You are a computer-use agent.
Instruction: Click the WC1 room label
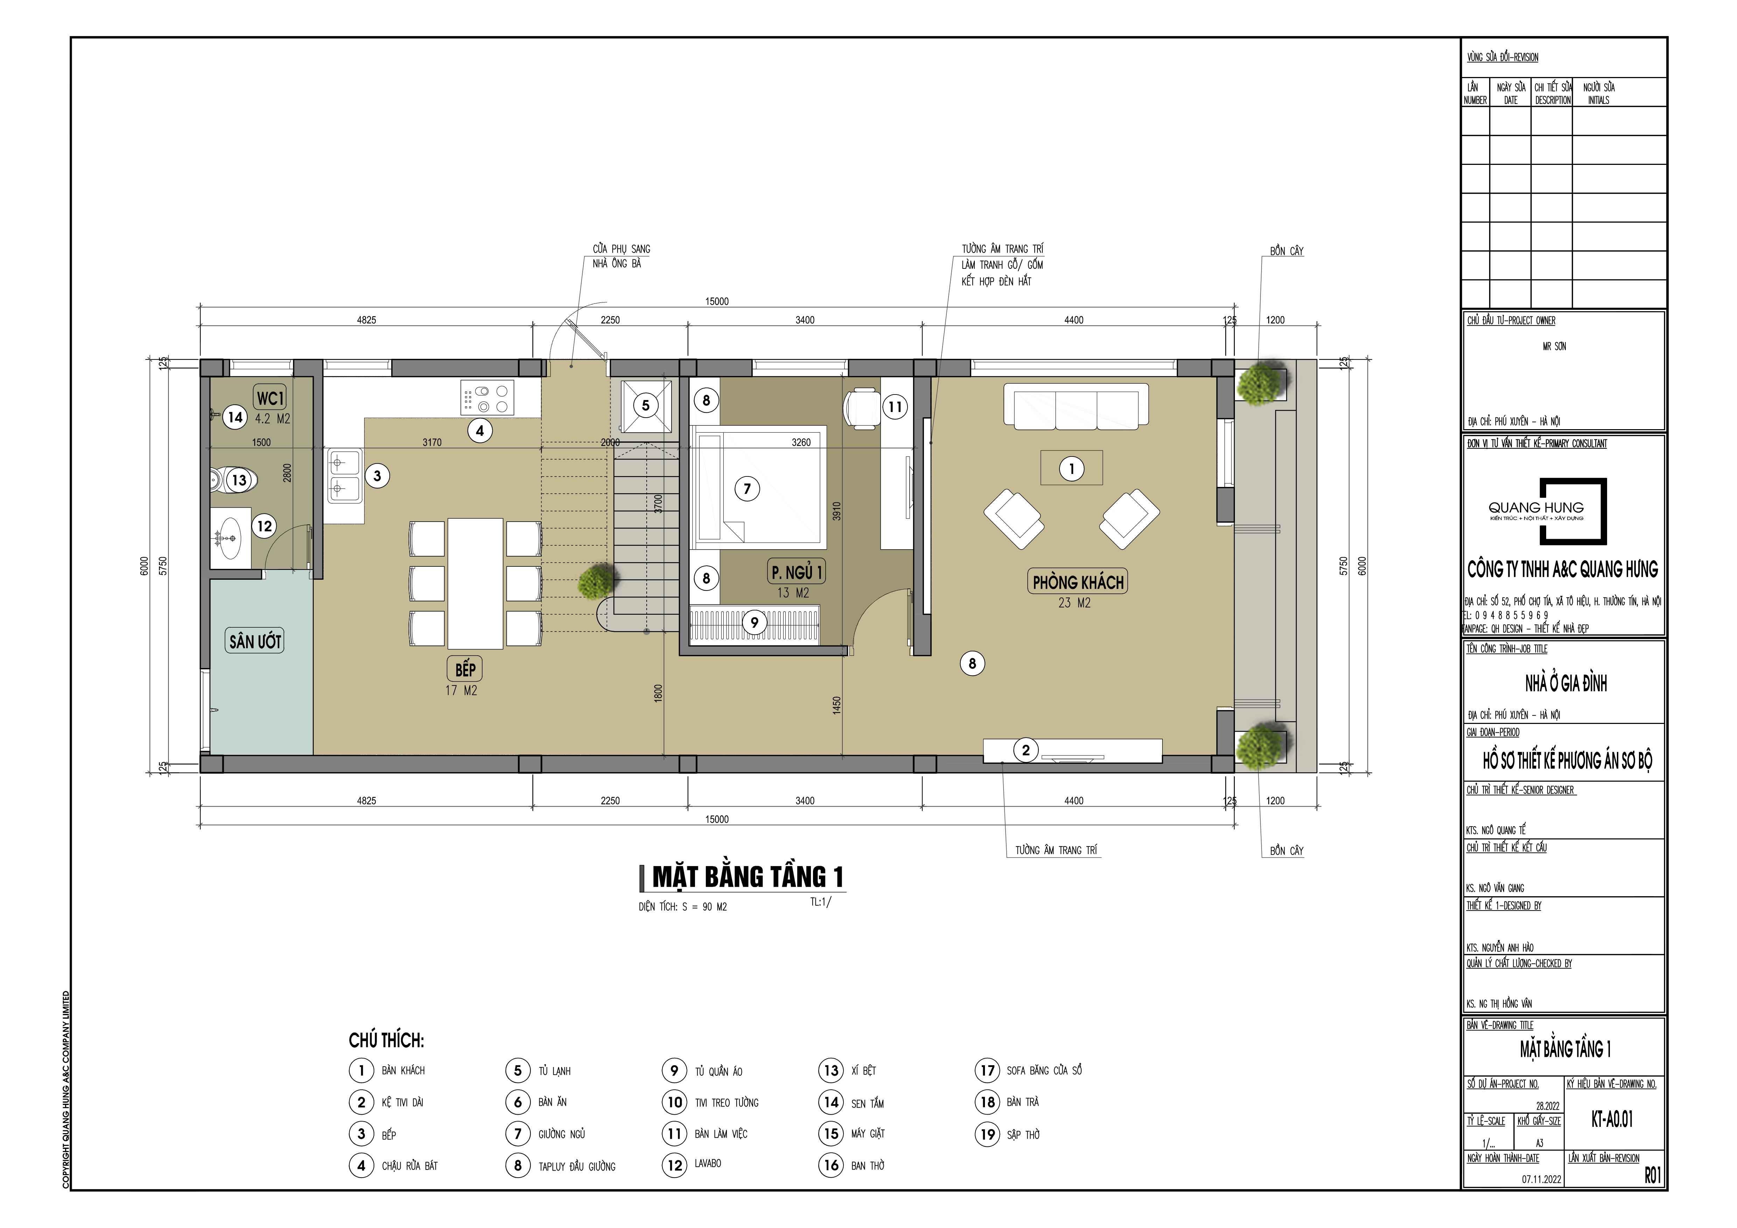[x=270, y=398]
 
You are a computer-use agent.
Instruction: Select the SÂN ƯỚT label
[x=255, y=642]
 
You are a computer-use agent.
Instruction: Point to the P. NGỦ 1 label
[x=796, y=572]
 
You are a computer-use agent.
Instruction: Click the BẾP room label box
[x=465, y=669]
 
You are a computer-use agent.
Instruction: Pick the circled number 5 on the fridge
[x=645, y=405]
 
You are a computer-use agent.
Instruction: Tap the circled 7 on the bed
[x=748, y=488]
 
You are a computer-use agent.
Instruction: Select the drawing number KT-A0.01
[x=1612, y=1119]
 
